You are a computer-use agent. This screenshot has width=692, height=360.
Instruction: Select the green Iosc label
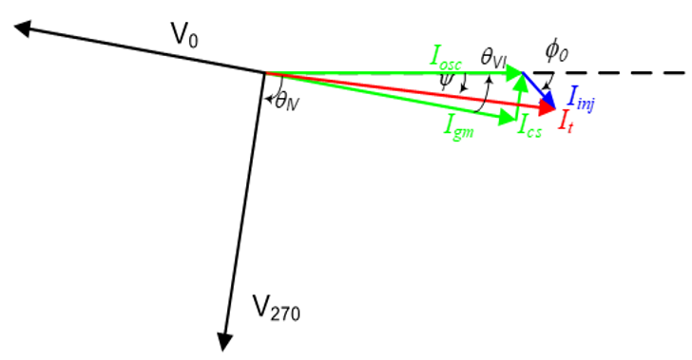pyautogui.click(x=447, y=58)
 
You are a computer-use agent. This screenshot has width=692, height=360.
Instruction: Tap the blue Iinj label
pyautogui.click(x=581, y=96)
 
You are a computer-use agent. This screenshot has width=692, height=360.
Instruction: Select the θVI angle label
pyautogui.click(x=494, y=59)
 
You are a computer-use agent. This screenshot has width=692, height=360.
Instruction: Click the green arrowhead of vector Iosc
pyautogui.click(x=516, y=71)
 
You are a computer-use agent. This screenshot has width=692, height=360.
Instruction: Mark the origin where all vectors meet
pyautogui.click(x=262, y=71)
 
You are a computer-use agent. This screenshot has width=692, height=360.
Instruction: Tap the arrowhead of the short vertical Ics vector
pyautogui.click(x=520, y=81)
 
